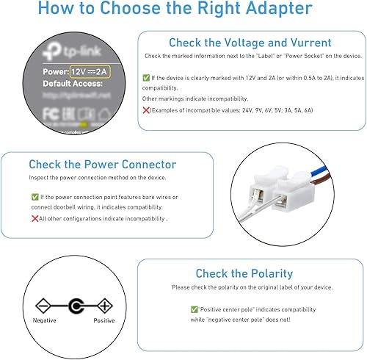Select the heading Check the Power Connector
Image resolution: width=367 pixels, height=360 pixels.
102,165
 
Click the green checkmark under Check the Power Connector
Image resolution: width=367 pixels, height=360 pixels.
35,197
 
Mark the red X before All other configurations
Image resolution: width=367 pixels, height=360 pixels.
34,218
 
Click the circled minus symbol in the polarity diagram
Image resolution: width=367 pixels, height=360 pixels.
43,305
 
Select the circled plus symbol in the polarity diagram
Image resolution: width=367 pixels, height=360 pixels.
105,305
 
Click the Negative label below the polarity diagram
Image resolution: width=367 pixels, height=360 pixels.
45,321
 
